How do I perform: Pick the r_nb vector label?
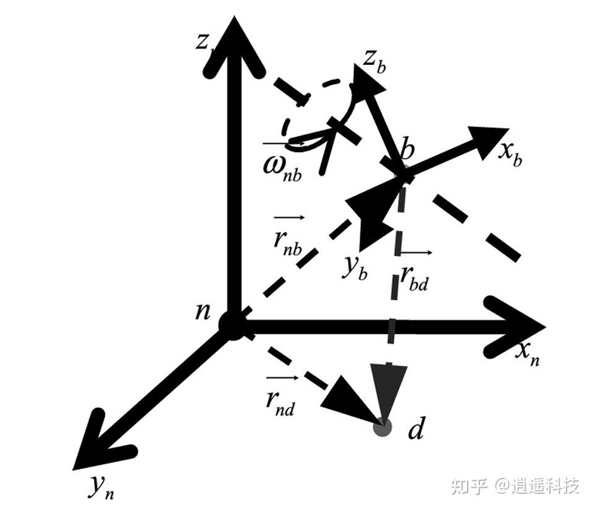click(x=287, y=238)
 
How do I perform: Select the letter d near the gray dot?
click(x=416, y=429)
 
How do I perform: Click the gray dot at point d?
click(x=383, y=427)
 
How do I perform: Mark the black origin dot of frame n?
click(x=233, y=325)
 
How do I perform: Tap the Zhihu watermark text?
click(x=515, y=485)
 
